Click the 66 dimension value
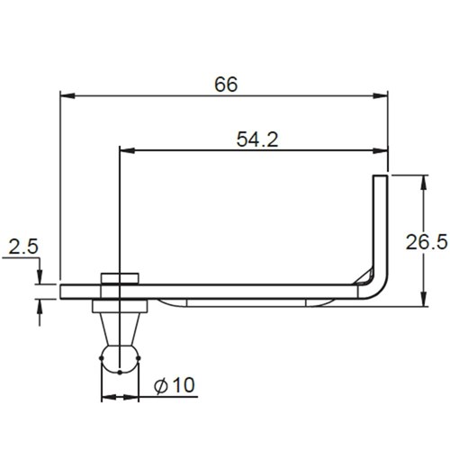[x=226, y=84]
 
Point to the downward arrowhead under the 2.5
[x=39, y=276]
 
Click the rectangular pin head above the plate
[x=119, y=278]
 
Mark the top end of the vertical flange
[x=381, y=178]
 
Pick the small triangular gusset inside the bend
[x=364, y=275]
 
